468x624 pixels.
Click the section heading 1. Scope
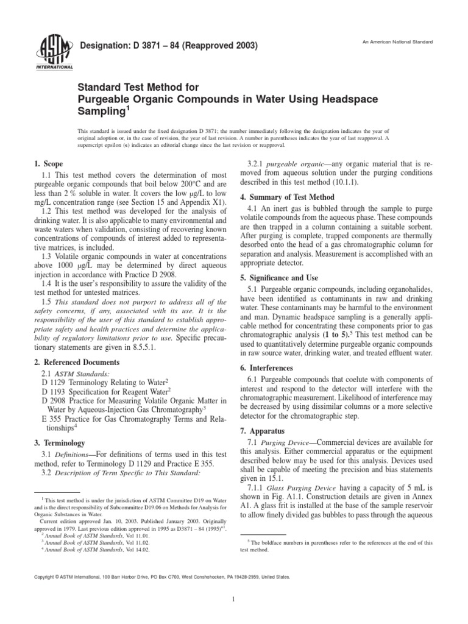tap(48, 165)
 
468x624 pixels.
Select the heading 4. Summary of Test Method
tap(287, 197)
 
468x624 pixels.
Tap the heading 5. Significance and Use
tap(279, 277)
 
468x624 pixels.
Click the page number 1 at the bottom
tap(233, 599)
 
